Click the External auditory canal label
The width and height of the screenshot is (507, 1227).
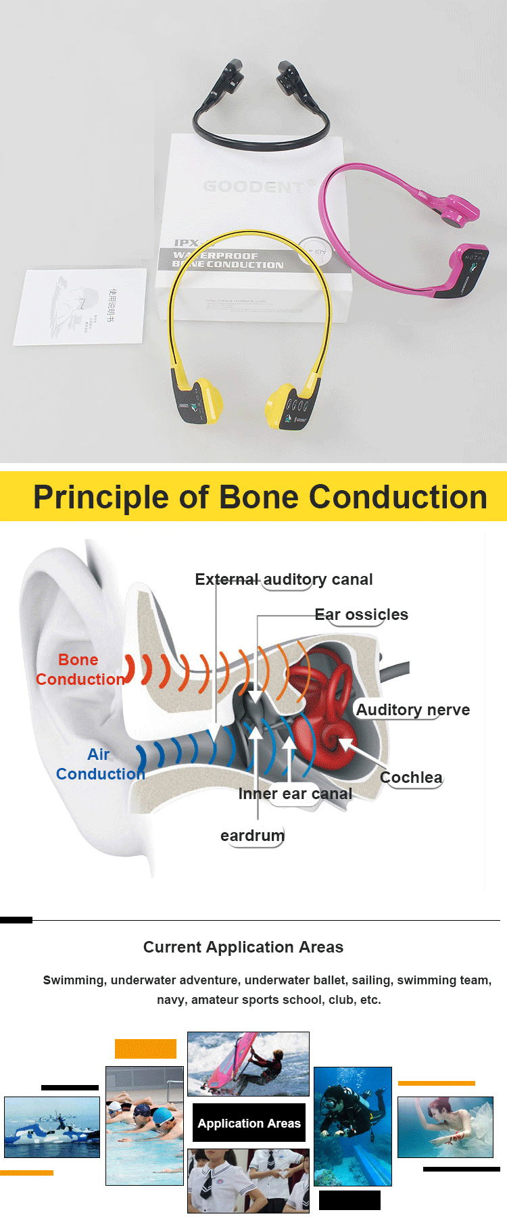284,579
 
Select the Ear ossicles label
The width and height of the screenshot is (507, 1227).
362,615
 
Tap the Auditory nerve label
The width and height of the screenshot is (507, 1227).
412,710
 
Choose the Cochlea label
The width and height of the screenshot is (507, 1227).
411,777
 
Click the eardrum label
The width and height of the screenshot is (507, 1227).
252,836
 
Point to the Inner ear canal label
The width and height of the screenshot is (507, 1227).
295,794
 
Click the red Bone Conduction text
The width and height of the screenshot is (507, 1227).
80,669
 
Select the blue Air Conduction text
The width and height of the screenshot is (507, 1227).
100,764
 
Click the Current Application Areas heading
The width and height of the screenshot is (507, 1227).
243,947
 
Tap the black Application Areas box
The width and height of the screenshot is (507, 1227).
249,1123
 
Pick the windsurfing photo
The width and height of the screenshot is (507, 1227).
248,1063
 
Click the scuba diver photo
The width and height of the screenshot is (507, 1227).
352,1126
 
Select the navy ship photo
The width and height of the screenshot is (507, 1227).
52,1127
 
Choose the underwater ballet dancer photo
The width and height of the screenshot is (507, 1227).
445,1127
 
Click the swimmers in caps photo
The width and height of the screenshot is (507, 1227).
145,1126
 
